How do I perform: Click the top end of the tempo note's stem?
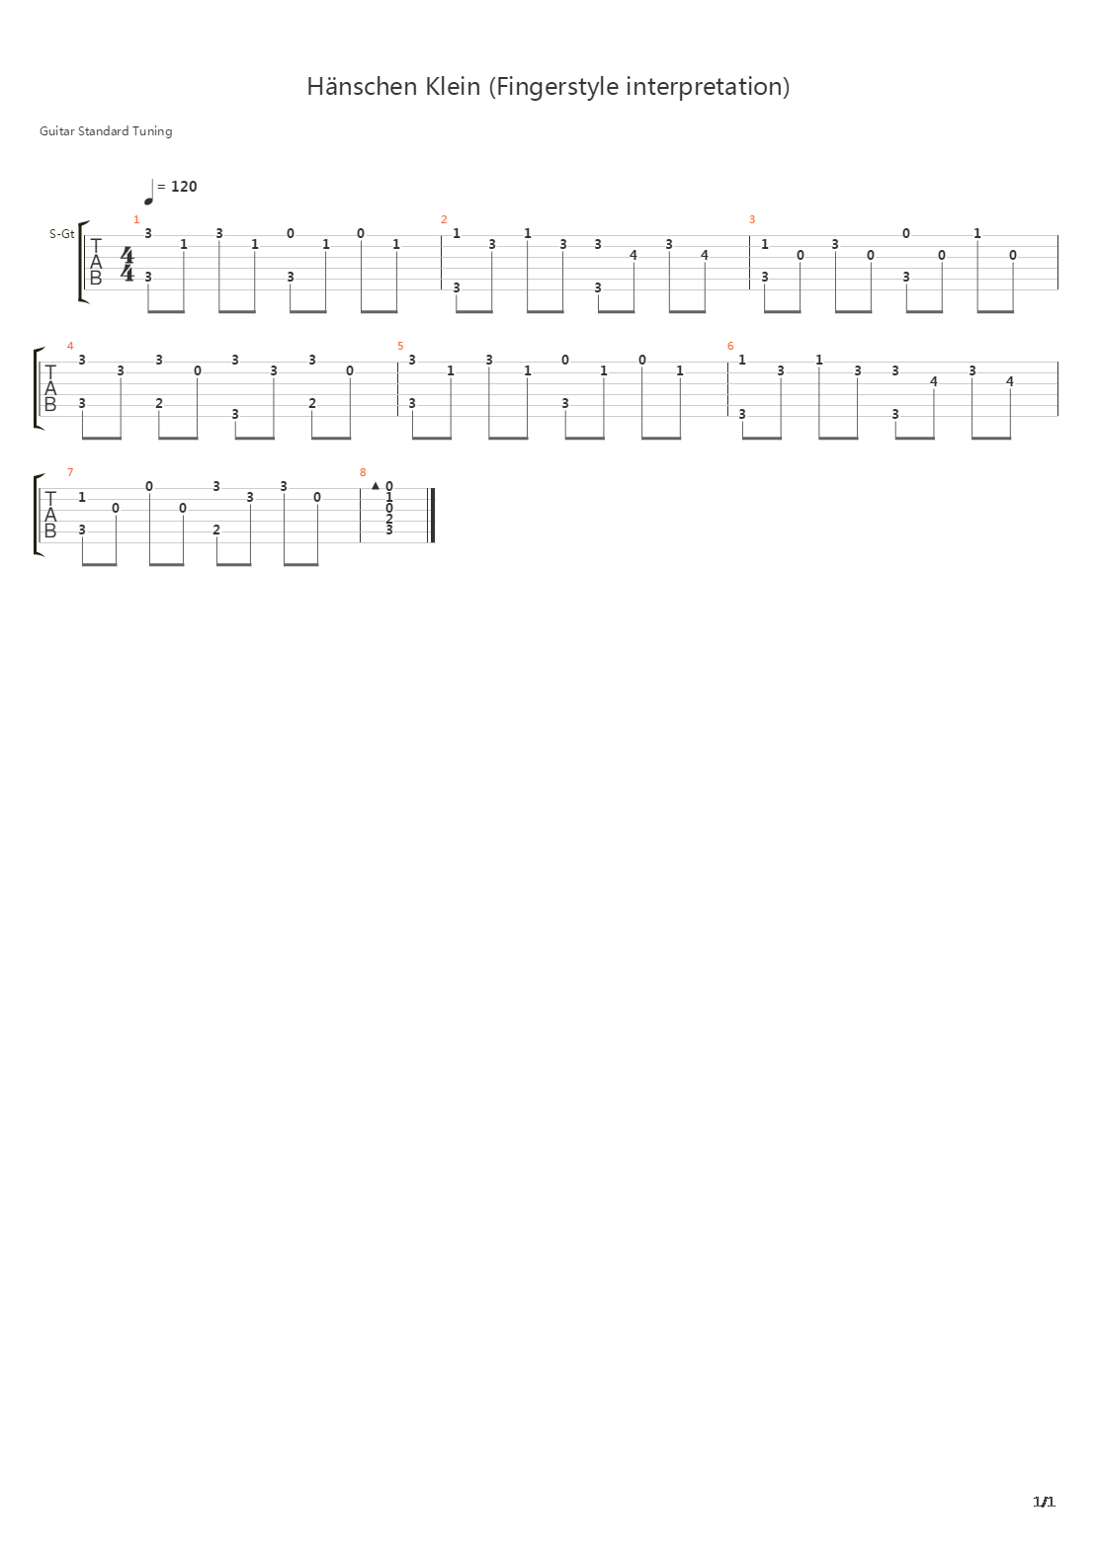pyautogui.click(x=152, y=180)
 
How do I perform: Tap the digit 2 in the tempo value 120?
pyautogui.click(x=184, y=187)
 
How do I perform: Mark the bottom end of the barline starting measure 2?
pyautogui.click(x=441, y=289)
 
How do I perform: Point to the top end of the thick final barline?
pyautogui.click(x=433, y=488)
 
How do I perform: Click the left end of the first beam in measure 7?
pyautogui.click(x=82, y=564)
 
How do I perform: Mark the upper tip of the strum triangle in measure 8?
pyautogui.click(x=376, y=482)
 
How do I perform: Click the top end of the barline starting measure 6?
pyautogui.click(x=727, y=363)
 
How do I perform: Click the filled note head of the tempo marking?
pyautogui.click(x=148, y=201)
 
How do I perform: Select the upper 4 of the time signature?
pyautogui.click(x=127, y=255)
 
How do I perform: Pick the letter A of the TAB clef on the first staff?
pyautogui.click(x=96, y=262)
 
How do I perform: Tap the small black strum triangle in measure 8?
pyautogui.click(x=376, y=486)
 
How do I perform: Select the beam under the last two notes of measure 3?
pyautogui.click(x=995, y=311)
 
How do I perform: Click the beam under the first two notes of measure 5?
pyautogui.click(x=432, y=438)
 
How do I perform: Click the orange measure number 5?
pyautogui.click(x=400, y=346)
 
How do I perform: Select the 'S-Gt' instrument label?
pyautogui.click(x=61, y=234)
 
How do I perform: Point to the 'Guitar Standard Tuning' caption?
pyautogui.click(x=106, y=130)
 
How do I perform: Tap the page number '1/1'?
pyautogui.click(x=1044, y=1502)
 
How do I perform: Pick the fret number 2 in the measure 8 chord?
pyautogui.click(x=389, y=519)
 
